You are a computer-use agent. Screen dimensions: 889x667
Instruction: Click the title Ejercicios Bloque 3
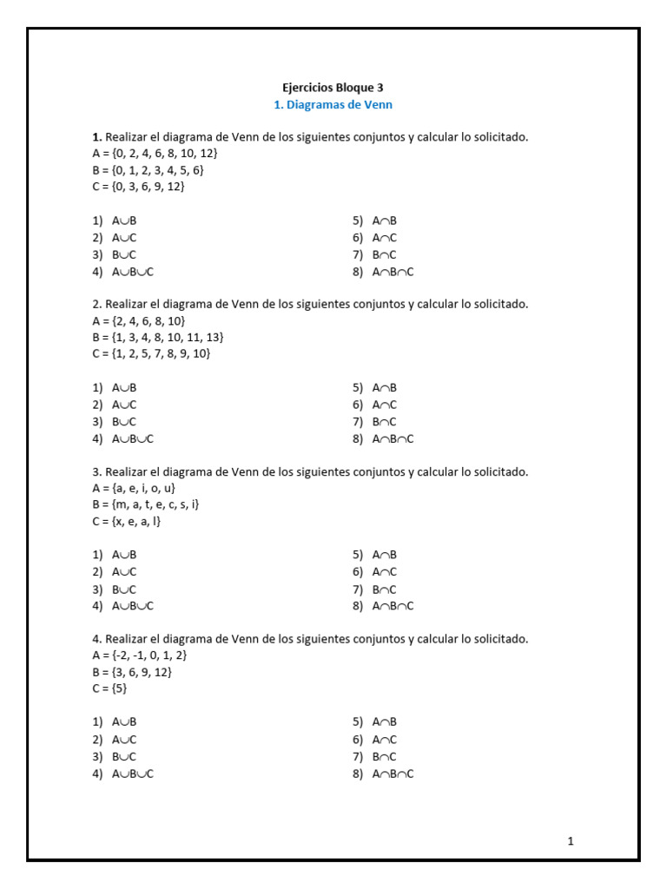point(333,88)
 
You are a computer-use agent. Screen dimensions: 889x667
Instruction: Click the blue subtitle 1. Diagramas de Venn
point(333,105)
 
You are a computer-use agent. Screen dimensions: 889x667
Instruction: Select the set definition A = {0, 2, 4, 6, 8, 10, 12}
point(155,154)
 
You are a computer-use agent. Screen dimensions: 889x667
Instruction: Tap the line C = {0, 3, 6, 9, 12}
point(139,187)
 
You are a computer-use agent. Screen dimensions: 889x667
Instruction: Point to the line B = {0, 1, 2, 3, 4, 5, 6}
point(149,170)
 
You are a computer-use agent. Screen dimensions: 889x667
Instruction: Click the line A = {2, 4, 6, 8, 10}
point(139,320)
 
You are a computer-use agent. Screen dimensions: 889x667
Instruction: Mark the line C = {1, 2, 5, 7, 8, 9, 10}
point(152,353)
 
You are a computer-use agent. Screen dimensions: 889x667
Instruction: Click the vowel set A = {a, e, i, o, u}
point(135,488)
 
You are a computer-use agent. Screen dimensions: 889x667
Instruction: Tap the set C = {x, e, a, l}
point(127,521)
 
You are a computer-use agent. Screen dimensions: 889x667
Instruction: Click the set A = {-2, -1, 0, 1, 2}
point(140,655)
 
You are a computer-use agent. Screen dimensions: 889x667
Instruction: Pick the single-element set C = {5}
point(110,688)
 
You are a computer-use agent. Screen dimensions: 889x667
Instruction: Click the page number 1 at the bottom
point(571,840)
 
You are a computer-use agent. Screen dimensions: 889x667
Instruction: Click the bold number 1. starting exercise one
point(97,137)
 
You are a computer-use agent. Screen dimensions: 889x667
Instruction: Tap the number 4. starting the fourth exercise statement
point(97,639)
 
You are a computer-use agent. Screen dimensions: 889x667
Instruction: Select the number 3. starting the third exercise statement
point(97,472)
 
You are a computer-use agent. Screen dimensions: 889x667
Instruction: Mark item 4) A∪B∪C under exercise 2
point(123,438)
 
